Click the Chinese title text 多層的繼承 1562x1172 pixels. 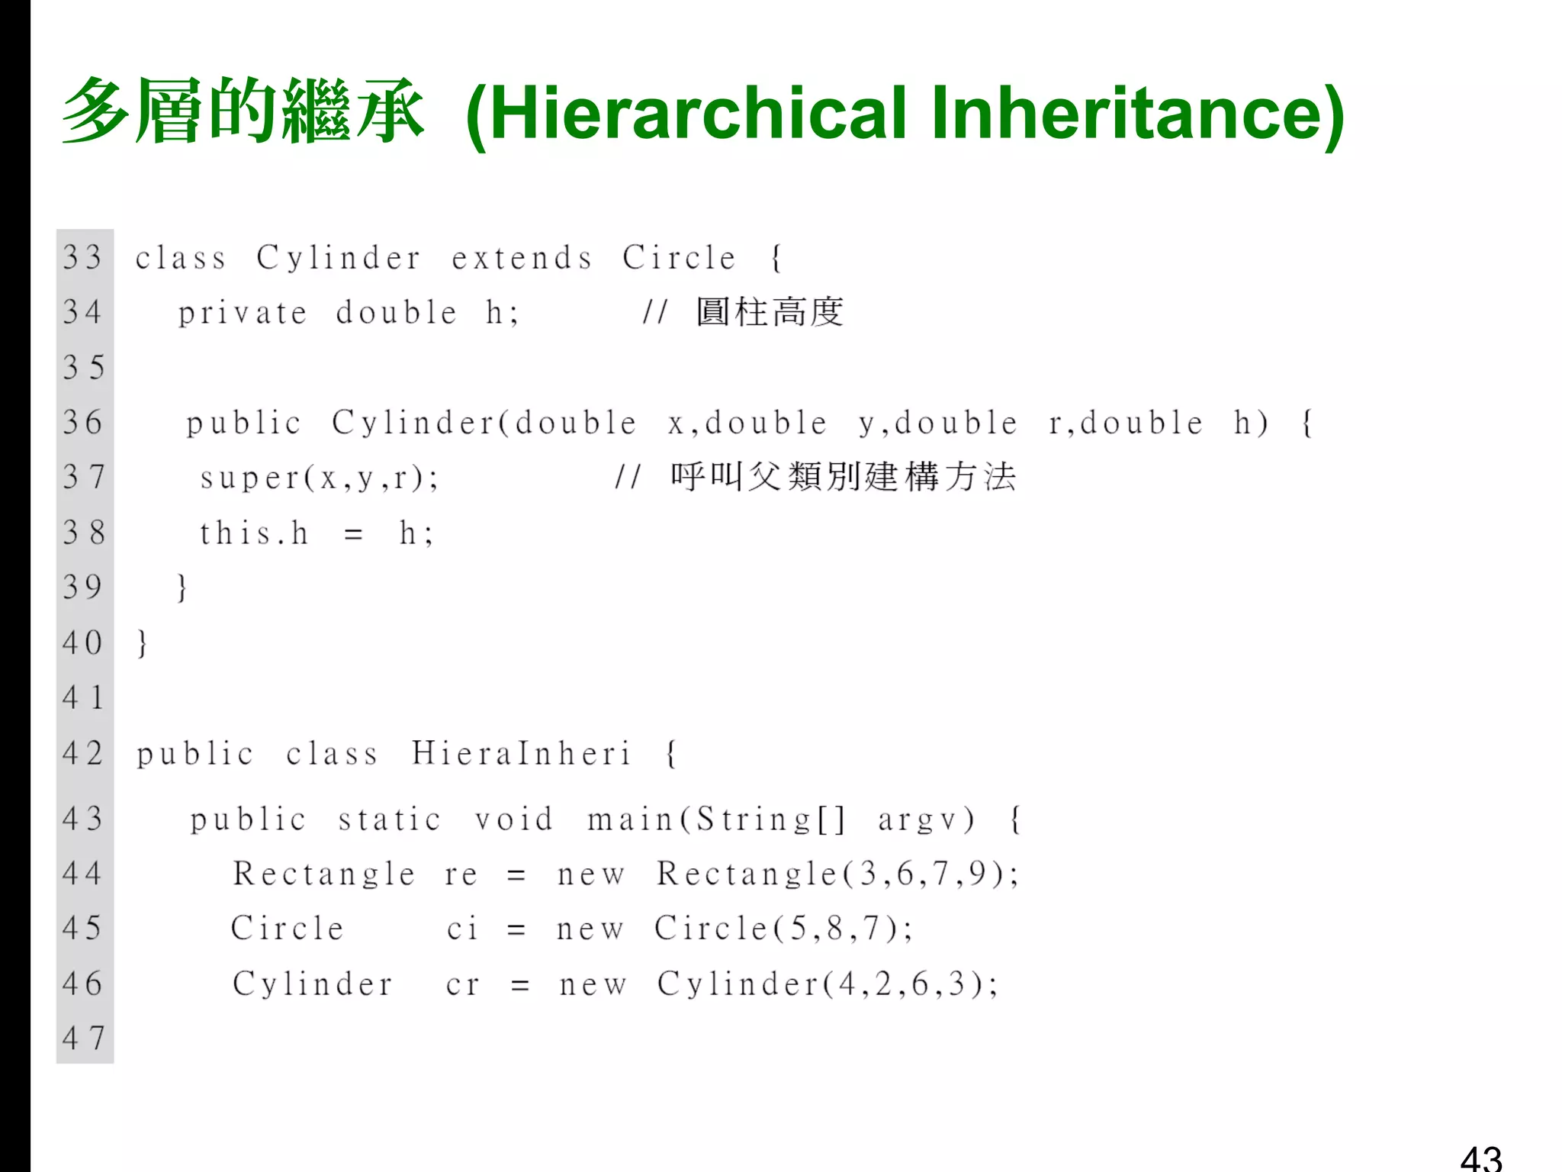pyautogui.click(x=243, y=111)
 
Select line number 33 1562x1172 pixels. pyautogui.click(x=82, y=257)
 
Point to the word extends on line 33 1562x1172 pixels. pyautogui.click(x=522, y=258)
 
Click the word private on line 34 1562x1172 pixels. pyautogui.click(x=243, y=313)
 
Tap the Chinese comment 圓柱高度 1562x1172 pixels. pyautogui.click(x=770, y=312)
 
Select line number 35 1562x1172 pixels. pyautogui.click(x=82, y=367)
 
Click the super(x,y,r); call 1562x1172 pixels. pyautogui.click(x=320, y=478)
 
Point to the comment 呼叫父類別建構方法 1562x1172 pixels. pyautogui.click(x=843, y=477)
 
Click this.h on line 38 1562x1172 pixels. pyautogui.click(x=254, y=533)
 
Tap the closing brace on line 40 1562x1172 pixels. pyautogui.click(x=142, y=642)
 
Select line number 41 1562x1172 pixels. pyautogui.click(x=82, y=697)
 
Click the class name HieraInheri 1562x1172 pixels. pyautogui.click(x=522, y=754)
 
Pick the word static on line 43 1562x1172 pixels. pyautogui.click(x=390, y=819)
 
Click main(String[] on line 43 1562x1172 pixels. pyautogui.click(x=716, y=819)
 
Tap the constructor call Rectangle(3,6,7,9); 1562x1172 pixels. pyautogui.click(x=837, y=874)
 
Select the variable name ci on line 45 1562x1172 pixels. pyautogui.click(x=462, y=929)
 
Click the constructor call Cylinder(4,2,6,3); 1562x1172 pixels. pyautogui.click(x=828, y=984)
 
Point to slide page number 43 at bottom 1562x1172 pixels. pyautogui.click(x=1480, y=1158)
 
